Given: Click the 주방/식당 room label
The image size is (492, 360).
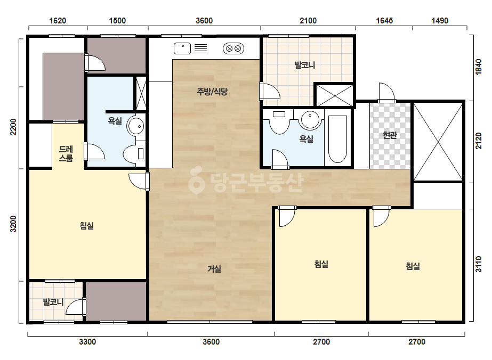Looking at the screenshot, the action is pos(212,92).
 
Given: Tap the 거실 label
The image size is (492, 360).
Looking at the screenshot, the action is pos(214,269).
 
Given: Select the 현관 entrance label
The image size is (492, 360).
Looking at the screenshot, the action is pos(390,135).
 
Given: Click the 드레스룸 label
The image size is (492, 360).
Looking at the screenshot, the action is pos(66,154).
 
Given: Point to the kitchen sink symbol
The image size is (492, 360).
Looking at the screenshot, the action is pos(182,48).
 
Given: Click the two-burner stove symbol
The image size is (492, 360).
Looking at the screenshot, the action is pos(233,48).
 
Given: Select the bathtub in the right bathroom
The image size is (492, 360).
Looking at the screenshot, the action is pos(337,139).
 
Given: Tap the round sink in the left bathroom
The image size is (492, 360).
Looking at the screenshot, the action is pos(136,126).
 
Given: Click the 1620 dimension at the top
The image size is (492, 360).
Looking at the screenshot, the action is pos(58,21).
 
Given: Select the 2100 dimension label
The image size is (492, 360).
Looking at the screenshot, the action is pos(308,21).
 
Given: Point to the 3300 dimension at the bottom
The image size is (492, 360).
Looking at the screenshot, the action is pos(87,342).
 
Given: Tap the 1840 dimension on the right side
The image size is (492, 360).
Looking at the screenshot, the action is pos(478,67).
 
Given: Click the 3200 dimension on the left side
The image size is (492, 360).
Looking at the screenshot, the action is pos(13,224).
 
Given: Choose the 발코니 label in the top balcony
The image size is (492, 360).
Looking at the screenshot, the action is pos(305,65).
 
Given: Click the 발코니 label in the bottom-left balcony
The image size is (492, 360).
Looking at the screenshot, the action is pos(53,302).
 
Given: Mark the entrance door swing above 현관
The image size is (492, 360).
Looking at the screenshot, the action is pos(386,92).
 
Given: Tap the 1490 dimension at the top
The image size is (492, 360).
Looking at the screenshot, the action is pos(440,21).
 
